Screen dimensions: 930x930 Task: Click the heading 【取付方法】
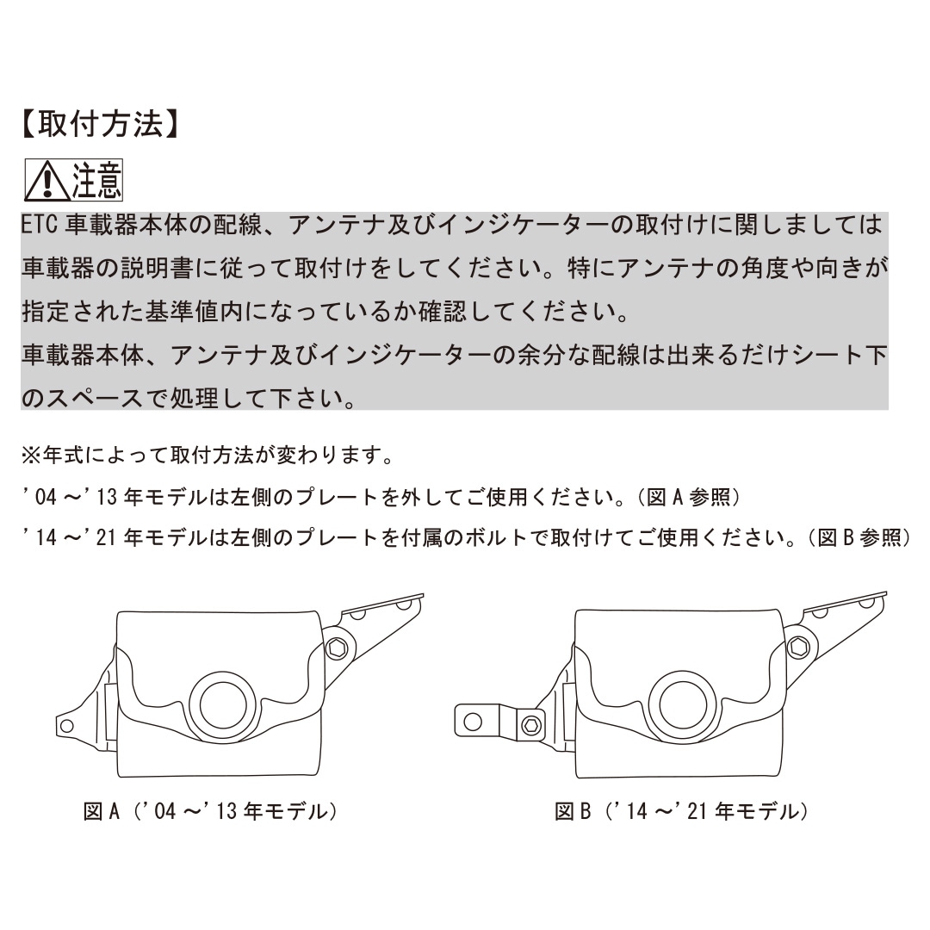pos(100,123)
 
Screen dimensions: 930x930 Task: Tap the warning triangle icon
pos(47,181)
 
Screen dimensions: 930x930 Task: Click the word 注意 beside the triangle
pos(96,180)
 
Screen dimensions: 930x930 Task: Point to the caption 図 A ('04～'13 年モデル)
pos(210,811)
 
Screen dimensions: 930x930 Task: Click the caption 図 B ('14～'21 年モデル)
pos(681,811)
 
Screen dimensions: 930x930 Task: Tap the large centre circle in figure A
pos(223,705)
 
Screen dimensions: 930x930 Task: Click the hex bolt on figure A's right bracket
pos(337,648)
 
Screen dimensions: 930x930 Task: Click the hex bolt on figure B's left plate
pos(530,724)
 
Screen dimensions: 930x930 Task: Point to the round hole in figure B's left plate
pos(473,722)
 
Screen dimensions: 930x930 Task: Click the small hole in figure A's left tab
pos(67,725)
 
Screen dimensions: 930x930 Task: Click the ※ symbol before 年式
pos(31,456)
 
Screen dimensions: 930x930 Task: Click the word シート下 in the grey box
pos(840,355)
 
